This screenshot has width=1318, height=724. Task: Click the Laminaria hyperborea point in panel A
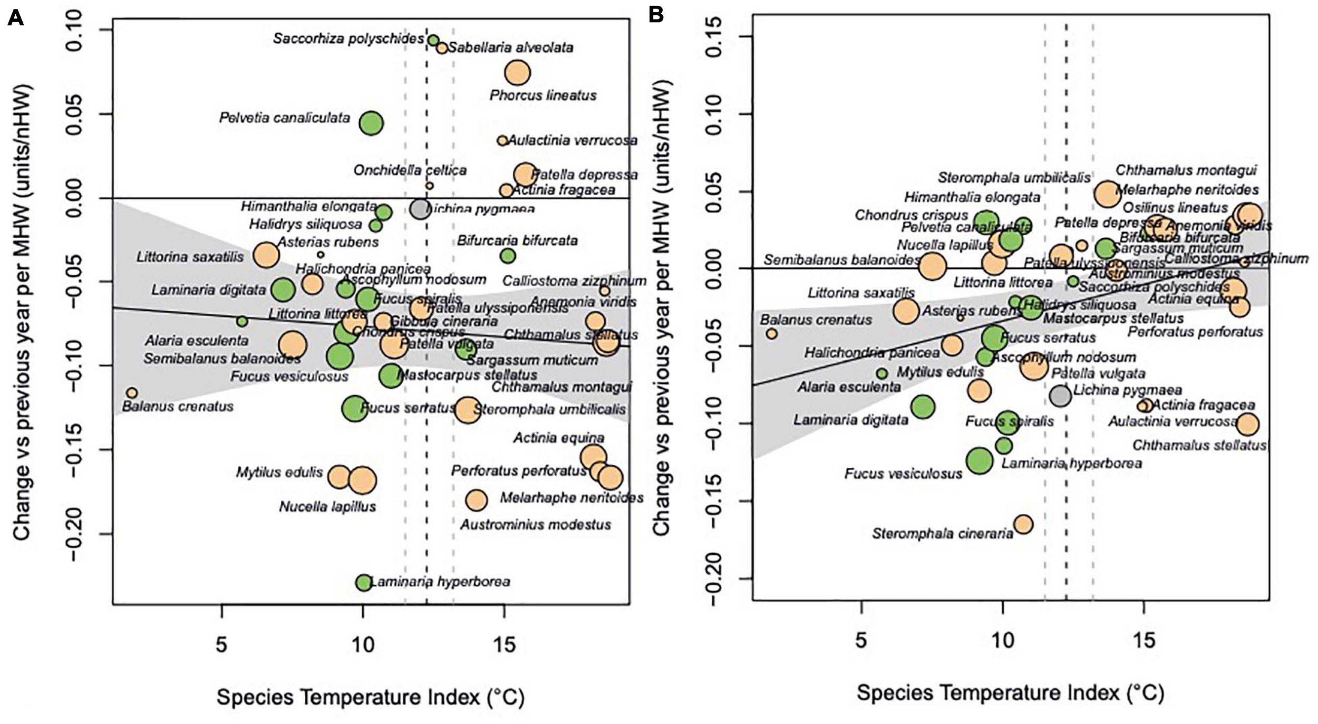363,582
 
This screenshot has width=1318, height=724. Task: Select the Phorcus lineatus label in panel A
543,95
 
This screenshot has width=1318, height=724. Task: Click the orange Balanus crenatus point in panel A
132,393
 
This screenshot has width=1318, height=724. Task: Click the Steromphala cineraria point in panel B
1023,524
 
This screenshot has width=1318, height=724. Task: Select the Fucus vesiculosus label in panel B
903,474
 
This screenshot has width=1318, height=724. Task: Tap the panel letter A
16,18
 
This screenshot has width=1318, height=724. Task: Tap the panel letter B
656,15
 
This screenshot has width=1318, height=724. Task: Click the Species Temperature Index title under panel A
370,697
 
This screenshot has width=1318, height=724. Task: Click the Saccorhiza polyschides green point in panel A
433,41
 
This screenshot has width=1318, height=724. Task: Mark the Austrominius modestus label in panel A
536,525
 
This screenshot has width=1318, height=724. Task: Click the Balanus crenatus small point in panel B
772,333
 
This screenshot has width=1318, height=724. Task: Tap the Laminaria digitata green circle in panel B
923,407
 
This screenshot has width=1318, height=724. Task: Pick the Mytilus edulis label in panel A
279,472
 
